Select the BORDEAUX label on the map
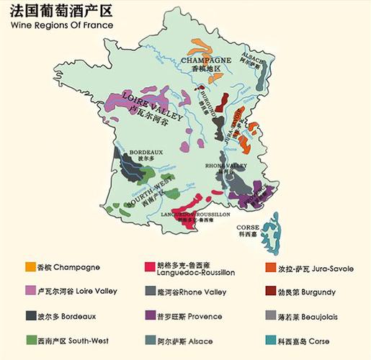point(146,153)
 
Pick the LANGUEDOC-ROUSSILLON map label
point(195,215)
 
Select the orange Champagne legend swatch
point(31,267)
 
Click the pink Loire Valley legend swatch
point(31,292)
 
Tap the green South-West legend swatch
point(31,340)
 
